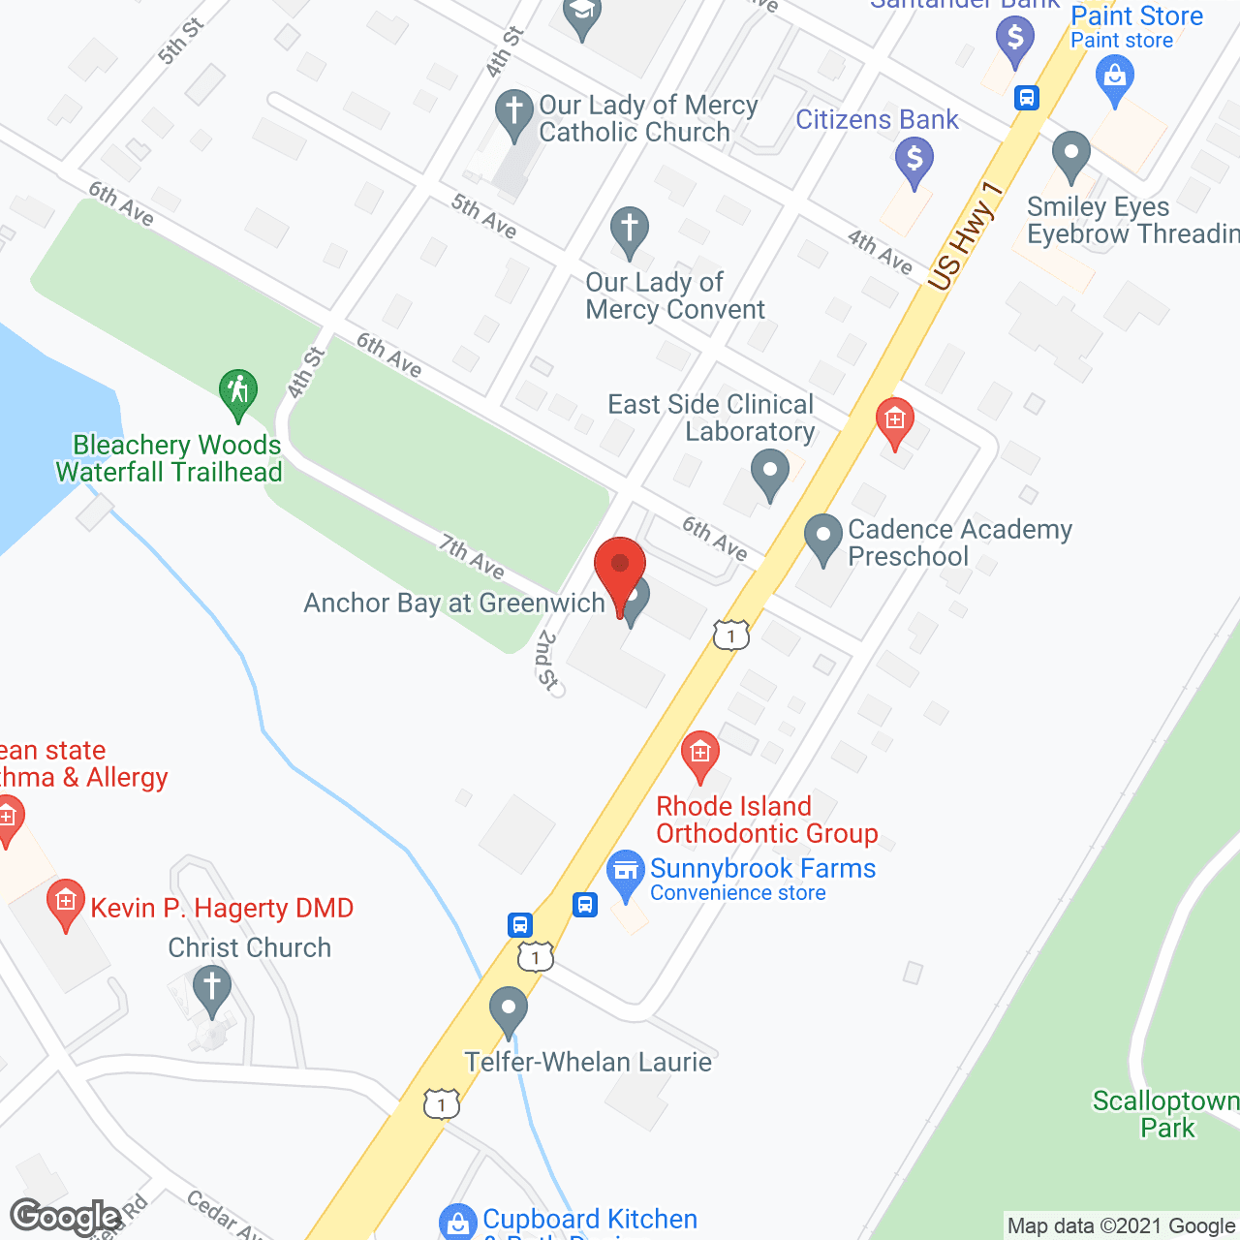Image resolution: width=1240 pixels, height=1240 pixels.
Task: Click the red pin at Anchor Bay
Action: point(620,568)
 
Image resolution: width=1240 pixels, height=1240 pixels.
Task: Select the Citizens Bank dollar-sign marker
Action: point(914,159)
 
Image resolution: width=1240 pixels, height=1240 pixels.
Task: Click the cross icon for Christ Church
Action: point(212,989)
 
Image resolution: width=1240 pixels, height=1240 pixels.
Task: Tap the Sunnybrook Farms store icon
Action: point(626,872)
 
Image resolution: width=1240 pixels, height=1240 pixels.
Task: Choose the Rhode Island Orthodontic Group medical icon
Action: point(699,754)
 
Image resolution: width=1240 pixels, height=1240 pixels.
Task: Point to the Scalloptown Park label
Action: point(1166,1114)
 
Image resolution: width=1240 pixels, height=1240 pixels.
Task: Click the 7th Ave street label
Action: point(472,556)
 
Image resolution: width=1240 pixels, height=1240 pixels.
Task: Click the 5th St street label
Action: point(180,42)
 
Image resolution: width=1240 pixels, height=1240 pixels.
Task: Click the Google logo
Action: point(65,1217)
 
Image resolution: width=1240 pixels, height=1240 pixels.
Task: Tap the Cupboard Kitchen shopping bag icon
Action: point(457,1222)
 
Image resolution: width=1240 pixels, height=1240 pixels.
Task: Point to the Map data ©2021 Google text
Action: point(1122,1226)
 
